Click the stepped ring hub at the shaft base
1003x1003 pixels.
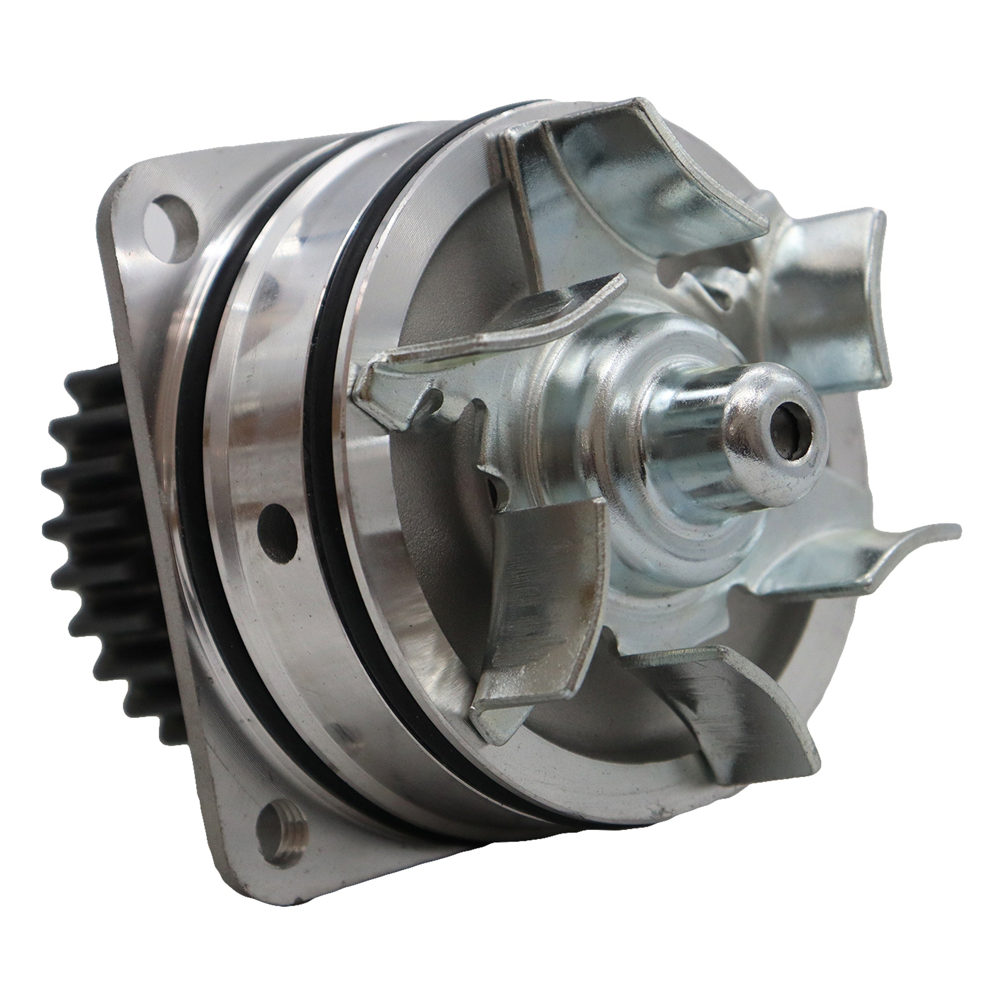pyautogui.click(x=659, y=524)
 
